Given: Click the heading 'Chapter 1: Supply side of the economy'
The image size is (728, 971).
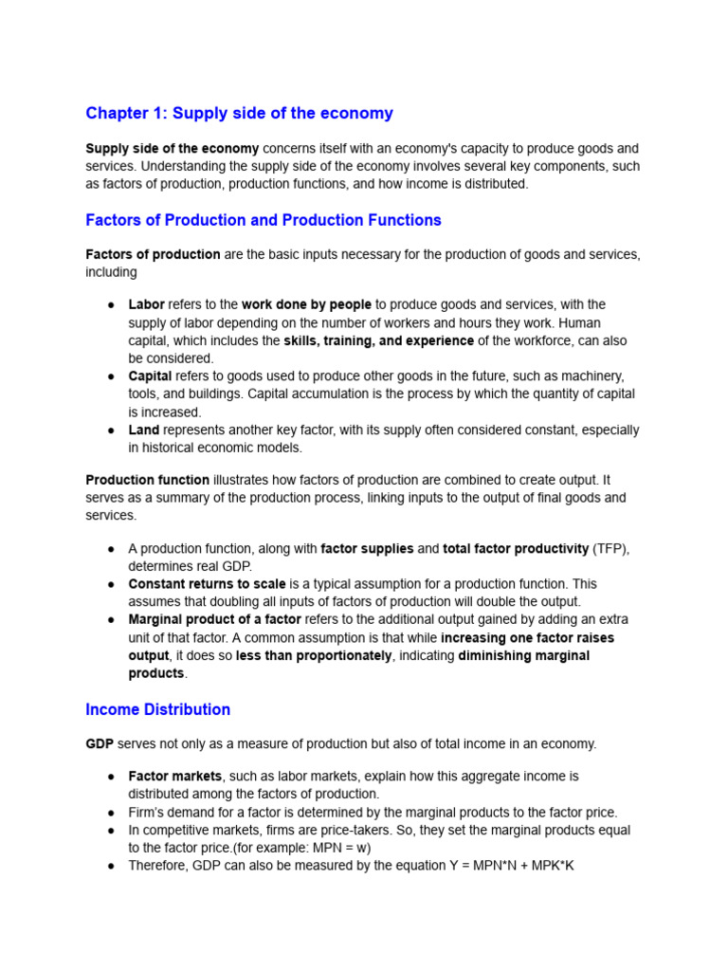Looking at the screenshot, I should (x=239, y=114).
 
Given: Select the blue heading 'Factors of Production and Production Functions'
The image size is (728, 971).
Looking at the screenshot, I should (x=264, y=220).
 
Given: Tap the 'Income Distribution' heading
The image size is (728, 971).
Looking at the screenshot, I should (x=157, y=709).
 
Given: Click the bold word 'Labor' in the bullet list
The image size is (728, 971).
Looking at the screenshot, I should (x=146, y=304).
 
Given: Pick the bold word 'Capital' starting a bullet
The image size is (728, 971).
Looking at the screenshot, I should (x=150, y=376).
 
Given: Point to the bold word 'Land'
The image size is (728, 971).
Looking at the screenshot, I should (x=144, y=430).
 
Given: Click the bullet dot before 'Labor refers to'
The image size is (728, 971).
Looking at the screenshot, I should (x=111, y=305).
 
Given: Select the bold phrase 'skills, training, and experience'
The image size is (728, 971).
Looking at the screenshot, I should (x=378, y=340).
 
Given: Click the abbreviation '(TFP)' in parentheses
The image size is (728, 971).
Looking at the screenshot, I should (x=610, y=548).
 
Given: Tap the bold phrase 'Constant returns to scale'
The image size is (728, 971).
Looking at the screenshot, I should (x=207, y=584).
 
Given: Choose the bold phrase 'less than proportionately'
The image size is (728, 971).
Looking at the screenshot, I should (x=314, y=656).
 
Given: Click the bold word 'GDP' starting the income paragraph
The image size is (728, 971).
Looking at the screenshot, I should (x=100, y=744).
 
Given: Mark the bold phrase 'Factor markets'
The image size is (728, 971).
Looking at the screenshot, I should (x=174, y=776).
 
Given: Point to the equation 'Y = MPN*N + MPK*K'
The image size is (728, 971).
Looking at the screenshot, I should (x=505, y=866).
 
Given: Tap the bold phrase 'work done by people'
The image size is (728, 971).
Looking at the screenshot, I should (x=306, y=304).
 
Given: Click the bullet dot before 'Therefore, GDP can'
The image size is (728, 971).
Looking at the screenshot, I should (x=111, y=866).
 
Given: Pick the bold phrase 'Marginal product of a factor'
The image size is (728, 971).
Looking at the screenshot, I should (x=214, y=620).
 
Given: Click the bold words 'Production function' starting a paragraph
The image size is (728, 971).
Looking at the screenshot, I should (x=147, y=480).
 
